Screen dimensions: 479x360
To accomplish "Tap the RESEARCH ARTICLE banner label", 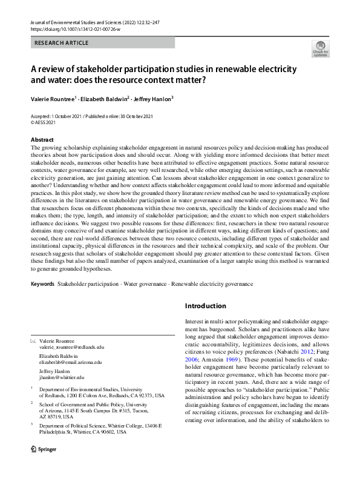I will click(62, 43).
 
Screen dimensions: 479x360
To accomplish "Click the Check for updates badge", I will click(320, 48).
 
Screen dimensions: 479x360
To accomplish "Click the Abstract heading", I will click(42, 139).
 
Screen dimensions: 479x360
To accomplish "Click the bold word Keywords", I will click(42, 283).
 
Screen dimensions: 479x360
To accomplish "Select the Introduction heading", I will click(205, 306).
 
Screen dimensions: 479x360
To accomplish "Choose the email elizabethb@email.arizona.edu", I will click(71, 362).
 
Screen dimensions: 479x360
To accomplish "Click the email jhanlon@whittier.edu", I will click(62, 377).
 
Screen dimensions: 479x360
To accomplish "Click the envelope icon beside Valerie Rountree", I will click(33, 340).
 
